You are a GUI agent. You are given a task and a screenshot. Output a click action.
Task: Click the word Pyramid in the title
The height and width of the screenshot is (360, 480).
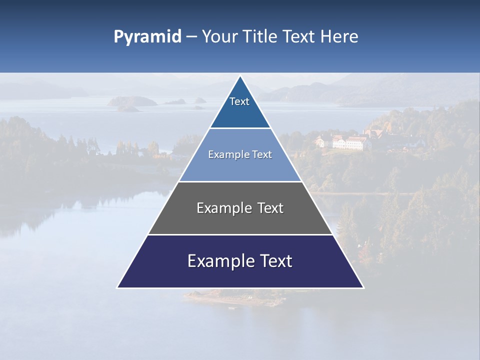(147, 37)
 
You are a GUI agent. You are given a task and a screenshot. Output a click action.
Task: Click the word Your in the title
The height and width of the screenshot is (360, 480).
(219, 37)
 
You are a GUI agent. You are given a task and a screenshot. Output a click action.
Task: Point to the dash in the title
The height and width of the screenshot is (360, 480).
(191, 37)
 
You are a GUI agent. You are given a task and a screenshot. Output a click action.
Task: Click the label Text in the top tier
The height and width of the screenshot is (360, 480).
(239, 101)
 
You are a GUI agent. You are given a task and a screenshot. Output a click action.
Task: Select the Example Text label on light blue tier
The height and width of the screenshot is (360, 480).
(240, 154)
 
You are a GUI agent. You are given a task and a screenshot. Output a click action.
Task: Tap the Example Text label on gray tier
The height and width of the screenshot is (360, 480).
(240, 208)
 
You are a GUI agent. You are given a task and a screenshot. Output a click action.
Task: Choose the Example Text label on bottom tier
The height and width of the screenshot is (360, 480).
(240, 261)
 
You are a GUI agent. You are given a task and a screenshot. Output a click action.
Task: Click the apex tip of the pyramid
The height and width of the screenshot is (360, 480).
(240, 76)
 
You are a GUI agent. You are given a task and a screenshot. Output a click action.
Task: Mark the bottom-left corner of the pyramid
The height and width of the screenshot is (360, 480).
(117, 287)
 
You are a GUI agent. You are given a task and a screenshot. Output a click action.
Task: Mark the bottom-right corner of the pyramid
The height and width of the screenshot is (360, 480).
(363, 287)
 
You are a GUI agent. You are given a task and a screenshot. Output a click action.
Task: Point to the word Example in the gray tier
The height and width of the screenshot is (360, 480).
(223, 208)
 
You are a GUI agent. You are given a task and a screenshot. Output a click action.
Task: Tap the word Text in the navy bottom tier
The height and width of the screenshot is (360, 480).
(275, 261)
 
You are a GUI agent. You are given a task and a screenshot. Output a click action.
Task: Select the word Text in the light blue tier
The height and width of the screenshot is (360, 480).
(261, 154)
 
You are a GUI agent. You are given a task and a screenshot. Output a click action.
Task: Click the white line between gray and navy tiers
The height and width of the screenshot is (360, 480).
(240, 234)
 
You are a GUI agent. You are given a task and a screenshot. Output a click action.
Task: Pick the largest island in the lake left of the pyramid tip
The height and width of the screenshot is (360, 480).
(132, 101)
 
